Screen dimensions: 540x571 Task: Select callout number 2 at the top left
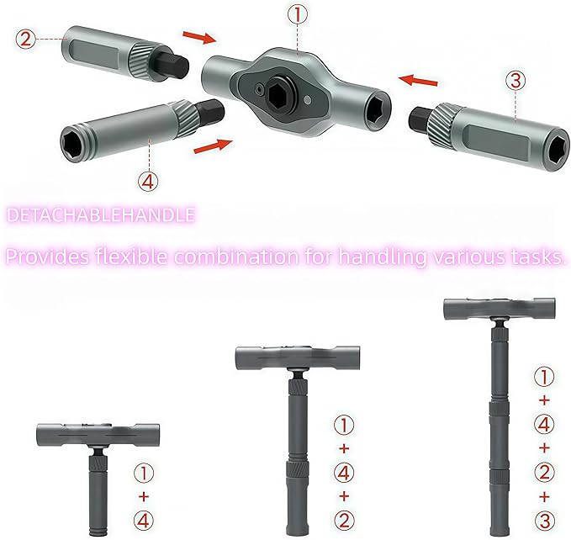pos(26,38)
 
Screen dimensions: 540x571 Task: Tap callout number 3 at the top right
pos(515,82)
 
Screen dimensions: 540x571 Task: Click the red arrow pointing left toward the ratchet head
pos(418,81)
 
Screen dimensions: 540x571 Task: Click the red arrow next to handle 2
pos(199,38)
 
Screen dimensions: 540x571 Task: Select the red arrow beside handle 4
pos(211,147)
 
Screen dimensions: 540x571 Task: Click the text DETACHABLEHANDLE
pos(101,216)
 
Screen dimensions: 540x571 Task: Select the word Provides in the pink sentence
pos(47,257)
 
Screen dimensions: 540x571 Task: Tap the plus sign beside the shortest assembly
pos(144,496)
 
